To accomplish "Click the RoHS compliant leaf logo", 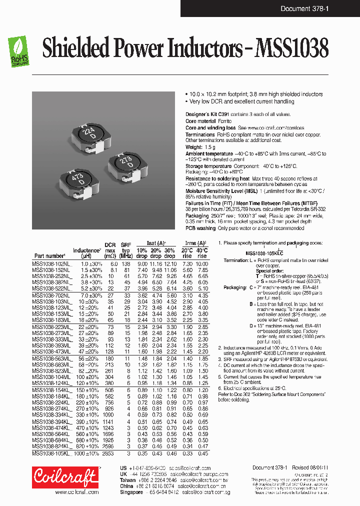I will click(x=20, y=50).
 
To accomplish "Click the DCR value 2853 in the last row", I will click(x=108, y=453).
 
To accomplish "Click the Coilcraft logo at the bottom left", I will click(x=65, y=478).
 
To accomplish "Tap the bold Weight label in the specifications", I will click(x=193, y=147).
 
